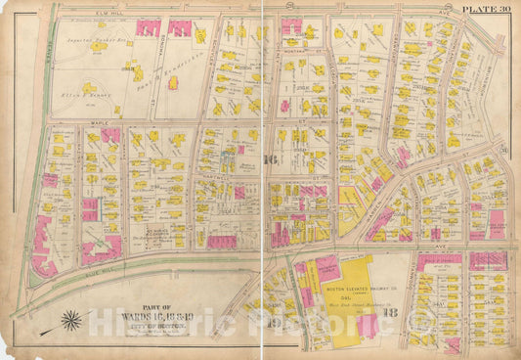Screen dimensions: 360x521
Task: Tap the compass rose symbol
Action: click(72, 319)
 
